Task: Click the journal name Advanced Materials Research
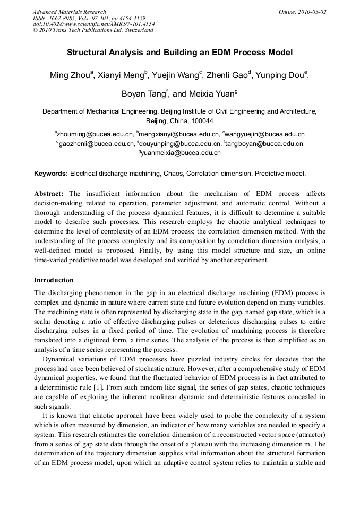69,12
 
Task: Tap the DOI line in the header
94,24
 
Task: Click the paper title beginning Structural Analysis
179,53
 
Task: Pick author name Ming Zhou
70,75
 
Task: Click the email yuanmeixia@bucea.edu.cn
181,153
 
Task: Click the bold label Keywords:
51,174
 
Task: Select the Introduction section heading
54,280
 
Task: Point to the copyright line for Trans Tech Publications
93,30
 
